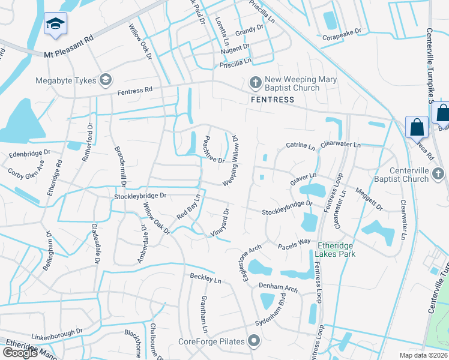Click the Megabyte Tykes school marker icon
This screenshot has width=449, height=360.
pyautogui.click(x=106, y=79)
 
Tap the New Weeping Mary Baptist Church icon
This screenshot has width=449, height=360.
pyautogui.click(x=255, y=82)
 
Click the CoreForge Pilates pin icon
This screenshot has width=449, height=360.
pyautogui.click(x=254, y=341)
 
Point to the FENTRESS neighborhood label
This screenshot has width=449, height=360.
pyautogui.click(x=273, y=100)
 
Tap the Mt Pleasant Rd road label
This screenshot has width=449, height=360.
pyautogui.click(x=69, y=53)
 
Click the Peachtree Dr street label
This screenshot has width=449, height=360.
pyautogui.click(x=213, y=149)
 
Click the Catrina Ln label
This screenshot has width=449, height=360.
pyautogui.click(x=300, y=145)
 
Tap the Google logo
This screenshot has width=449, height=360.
pyautogui.click(x=20, y=352)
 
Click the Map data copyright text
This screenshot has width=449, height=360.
pyautogui.click(x=424, y=355)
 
